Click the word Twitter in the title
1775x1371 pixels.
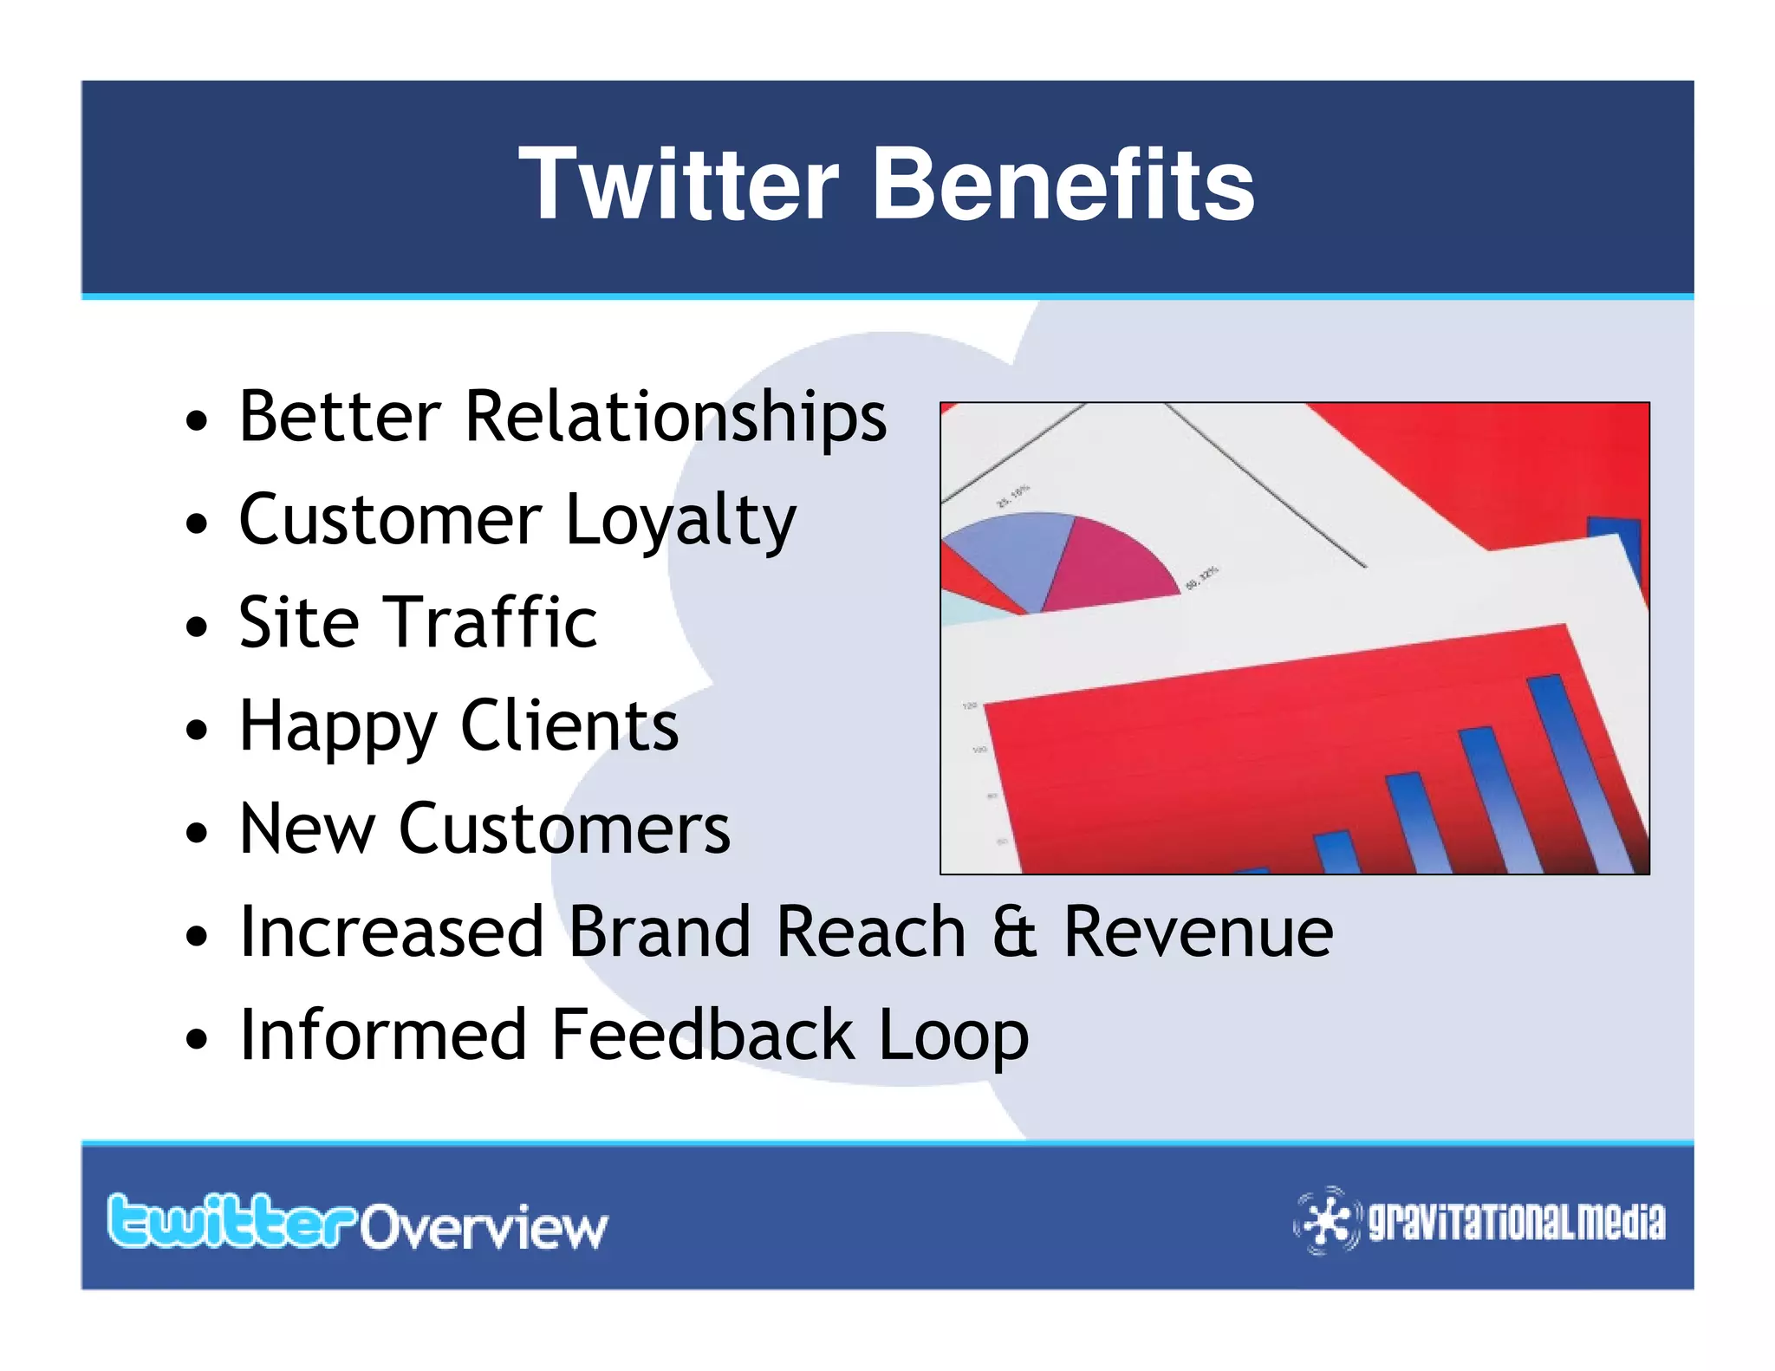(679, 184)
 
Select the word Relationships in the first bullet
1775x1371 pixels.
(675, 418)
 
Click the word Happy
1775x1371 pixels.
(337, 727)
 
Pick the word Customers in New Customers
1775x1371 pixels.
(564, 828)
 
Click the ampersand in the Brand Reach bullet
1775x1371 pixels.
(1014, 932)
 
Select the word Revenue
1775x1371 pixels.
(1198, 932)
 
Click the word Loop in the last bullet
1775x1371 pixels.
(953, 1036)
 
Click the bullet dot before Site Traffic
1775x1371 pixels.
(198, 626)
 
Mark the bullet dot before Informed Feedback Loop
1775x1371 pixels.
(198, 1037)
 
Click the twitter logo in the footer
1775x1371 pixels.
(231, 1222)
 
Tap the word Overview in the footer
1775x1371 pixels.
(484, 1227)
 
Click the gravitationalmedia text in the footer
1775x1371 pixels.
(1516, 1222)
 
